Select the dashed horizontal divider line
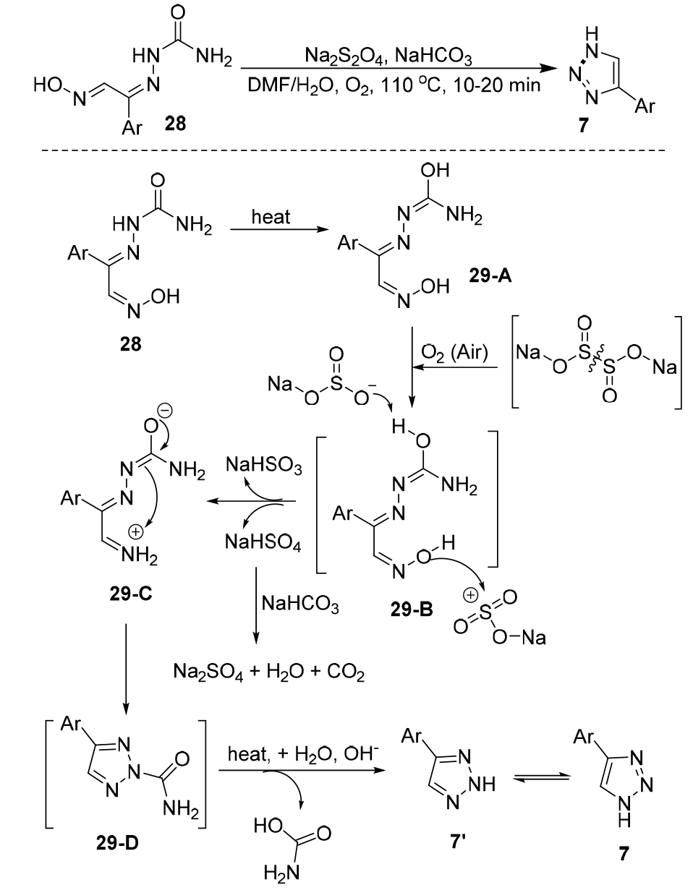tap(346, 150)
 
